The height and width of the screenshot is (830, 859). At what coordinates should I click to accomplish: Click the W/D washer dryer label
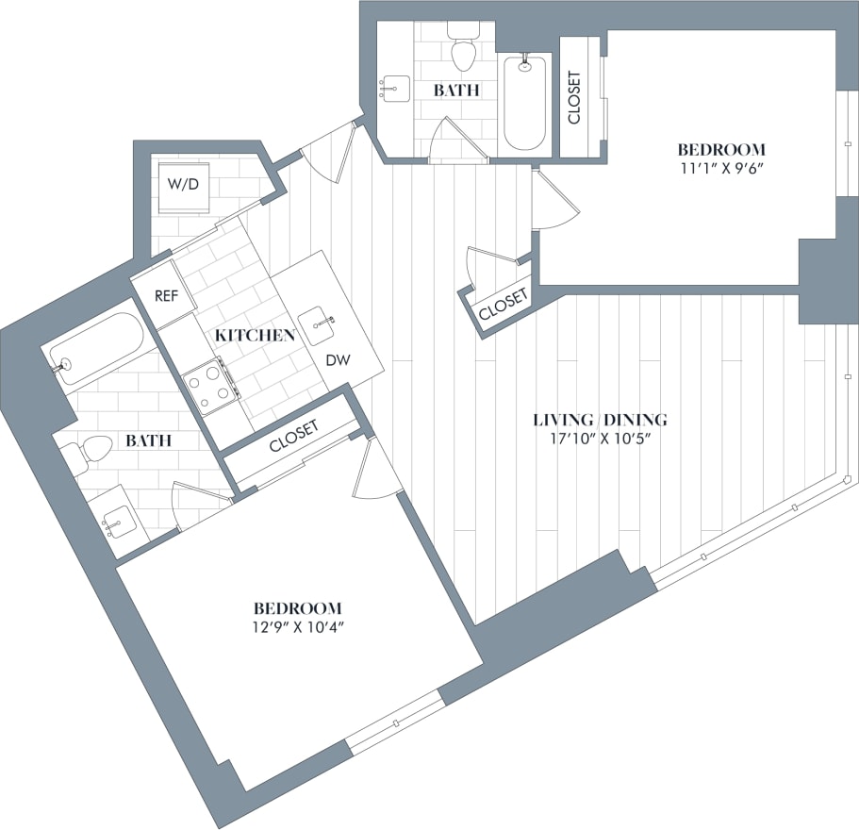click(x=183, y=183)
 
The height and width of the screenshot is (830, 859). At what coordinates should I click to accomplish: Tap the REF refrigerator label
click(x=166, y=295)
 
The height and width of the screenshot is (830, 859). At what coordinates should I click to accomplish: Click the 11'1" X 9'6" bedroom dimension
click(x=721, y=169)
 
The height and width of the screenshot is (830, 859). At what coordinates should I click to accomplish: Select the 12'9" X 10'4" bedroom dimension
click(x=296, y=627)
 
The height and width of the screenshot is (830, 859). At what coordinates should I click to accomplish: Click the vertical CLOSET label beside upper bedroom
click(x=574, y=98)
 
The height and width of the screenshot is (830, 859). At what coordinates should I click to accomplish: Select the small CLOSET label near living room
click(x=503, y=304)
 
